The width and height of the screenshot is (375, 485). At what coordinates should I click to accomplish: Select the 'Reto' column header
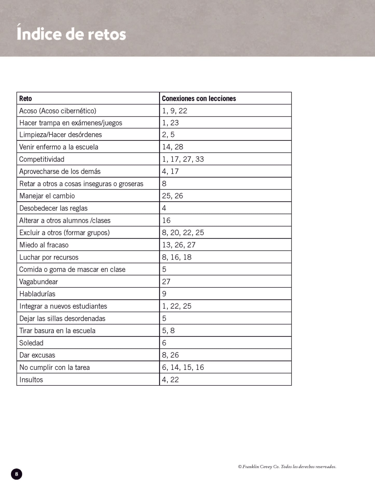[x=25, y=99]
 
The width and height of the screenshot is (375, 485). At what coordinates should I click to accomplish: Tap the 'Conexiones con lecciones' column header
[x=199, y=99]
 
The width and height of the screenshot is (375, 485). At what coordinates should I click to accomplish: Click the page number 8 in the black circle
[x=17, y=474]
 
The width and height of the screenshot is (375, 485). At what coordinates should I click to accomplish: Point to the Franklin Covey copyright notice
[x=287, y=467]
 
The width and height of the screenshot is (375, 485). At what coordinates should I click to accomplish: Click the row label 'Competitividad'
[x=42, y=159]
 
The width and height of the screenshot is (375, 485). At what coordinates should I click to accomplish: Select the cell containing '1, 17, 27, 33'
[x=183, y=159]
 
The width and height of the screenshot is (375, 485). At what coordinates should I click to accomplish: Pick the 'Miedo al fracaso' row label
[x=44, y=245]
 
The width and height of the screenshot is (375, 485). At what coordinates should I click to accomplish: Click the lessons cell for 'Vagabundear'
[x=166, y=282]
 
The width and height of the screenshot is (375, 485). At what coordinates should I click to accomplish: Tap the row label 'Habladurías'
[x=37, y=294]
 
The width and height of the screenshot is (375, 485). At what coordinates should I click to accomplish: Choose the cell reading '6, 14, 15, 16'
[x=183, y=367]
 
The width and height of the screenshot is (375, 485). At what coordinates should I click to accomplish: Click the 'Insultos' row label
[x=31, y=380]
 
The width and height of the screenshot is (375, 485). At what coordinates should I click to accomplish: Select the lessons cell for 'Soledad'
[x=164, y=343]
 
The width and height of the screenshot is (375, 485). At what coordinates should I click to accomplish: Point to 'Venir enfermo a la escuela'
[x=59, y=147]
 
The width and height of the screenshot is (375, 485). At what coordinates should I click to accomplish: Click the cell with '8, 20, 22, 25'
[x=183, y=233]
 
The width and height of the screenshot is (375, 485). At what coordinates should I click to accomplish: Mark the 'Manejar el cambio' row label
[x=47, y=196]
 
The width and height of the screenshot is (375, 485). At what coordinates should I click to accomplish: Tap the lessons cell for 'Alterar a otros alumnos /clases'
[x=166, y=220]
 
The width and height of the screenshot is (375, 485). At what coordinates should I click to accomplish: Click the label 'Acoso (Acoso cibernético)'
[x=58, y=111]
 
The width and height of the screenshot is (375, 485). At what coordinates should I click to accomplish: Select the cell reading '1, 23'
[x=170, y=123]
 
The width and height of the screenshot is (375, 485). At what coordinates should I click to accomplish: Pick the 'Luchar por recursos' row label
[x=49, y=257]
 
